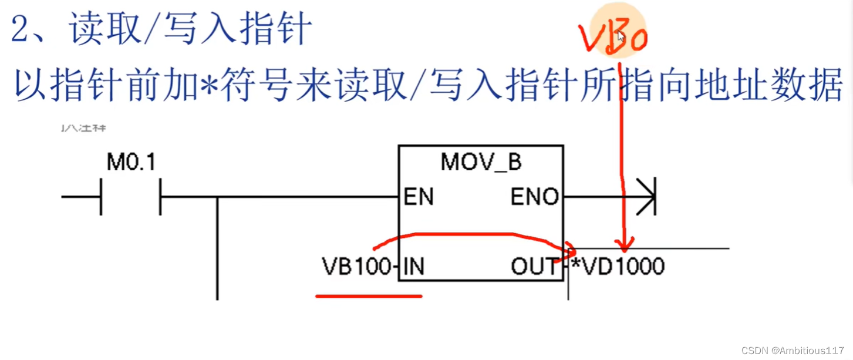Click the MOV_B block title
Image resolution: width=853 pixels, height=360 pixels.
[481, 162]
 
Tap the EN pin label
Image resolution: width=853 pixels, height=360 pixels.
[419, 198]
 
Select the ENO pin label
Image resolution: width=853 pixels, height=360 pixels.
[534, 198]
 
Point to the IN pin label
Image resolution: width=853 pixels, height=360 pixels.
[414, 267]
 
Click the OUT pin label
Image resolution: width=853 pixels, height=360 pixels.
[534, 267]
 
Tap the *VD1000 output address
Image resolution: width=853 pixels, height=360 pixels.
[618, 267]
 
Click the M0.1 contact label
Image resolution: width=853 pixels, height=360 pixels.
[131, 162]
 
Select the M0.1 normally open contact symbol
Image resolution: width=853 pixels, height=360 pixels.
[131, 197]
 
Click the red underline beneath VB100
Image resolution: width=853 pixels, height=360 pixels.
[369, 296]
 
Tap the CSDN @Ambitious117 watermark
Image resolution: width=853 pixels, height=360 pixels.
[793, 351]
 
